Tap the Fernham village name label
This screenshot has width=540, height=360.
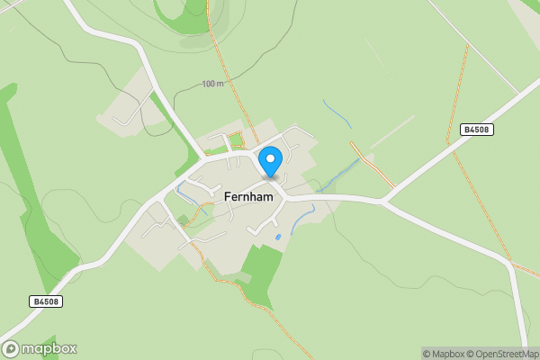(249, 195)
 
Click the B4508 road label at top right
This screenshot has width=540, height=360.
(476, 130)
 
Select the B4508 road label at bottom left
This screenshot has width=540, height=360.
(45, 301)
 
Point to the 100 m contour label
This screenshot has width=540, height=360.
(213, 84)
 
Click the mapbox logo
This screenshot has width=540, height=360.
(39, 348)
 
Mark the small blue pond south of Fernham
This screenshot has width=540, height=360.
(278, 237)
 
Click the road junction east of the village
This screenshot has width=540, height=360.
(384, 201)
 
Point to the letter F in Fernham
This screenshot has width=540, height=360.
(228, 195)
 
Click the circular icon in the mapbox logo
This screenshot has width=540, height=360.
(11, 348)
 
